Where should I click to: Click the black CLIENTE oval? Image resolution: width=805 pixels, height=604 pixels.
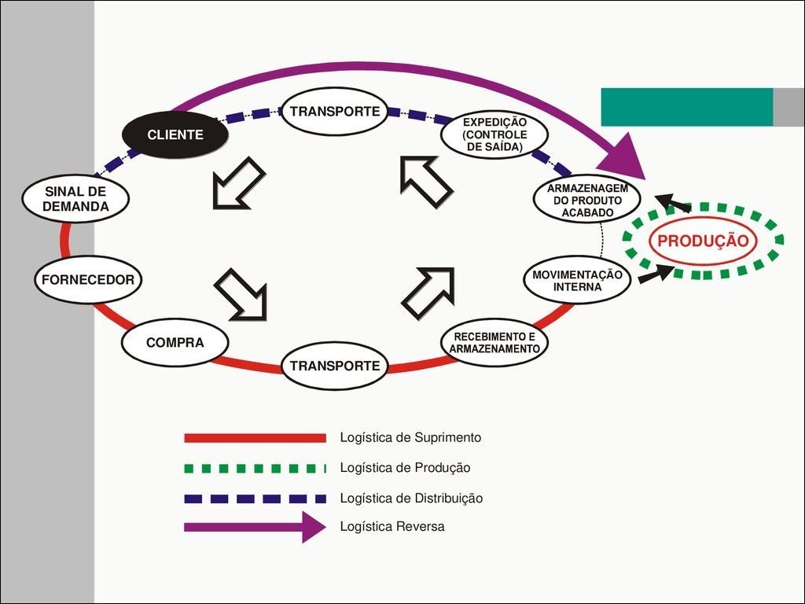coord(175,134)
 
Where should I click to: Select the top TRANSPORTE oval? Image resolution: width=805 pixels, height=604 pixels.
coord(335,111)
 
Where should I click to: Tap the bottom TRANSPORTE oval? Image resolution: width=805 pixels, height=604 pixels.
coord(335,366)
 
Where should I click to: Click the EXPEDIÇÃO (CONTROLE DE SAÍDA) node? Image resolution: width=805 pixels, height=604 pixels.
coord(494,134)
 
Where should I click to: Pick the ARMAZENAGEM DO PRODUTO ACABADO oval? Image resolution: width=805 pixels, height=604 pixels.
coord(586,201)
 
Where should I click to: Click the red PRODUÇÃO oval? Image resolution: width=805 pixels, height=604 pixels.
coord(703,241)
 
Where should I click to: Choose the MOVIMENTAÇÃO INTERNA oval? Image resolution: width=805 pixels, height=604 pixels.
coord(577,281)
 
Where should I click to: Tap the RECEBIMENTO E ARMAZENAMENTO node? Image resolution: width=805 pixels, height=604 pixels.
coord(494,342)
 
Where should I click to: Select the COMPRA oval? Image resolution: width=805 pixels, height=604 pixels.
coord(175,343)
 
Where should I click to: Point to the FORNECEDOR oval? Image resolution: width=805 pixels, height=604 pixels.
coord(88,279)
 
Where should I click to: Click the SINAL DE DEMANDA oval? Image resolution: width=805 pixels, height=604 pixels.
coord(75,199)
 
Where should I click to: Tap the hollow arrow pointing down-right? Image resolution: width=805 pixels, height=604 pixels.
coord(242,295)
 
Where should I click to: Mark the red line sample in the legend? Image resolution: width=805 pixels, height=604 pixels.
coord(255,437)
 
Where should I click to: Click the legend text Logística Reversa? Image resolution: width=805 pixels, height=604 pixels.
coord(392,527)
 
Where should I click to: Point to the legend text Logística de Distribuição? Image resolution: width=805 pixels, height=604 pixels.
coord(411,498)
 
